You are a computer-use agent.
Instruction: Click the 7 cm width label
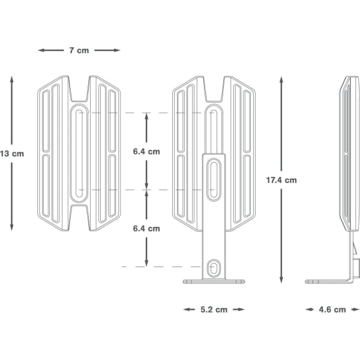(x=79, y=50)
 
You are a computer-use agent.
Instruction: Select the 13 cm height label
(x=12, y=154)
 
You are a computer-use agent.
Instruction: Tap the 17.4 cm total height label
(x=282, y=180)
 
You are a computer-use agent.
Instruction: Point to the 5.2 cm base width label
(x=214, y=310)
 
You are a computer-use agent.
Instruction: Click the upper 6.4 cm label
(x=146, y=152)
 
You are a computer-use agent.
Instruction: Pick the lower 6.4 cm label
(x=146, y=228)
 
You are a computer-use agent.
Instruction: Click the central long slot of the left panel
(x=79, y=154)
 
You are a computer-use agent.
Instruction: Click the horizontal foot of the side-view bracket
(x=327, y=281)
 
